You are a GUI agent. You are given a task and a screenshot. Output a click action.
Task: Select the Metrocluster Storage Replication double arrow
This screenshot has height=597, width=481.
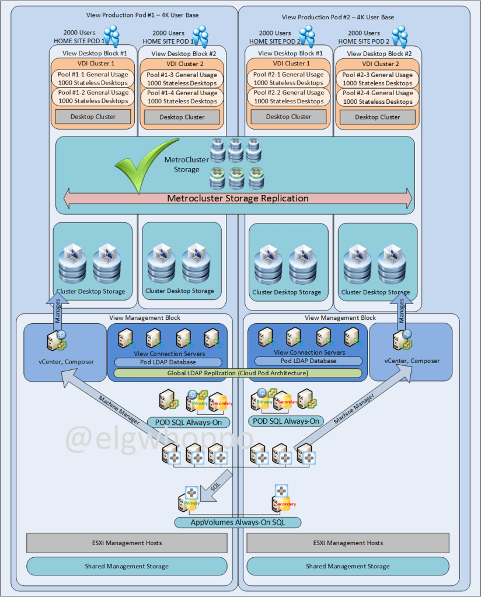(x=238, y=198)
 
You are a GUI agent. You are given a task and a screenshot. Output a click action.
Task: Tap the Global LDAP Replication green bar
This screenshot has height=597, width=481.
(x=238, y=373)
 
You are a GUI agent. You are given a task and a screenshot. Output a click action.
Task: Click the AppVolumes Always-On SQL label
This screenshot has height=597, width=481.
(x=238, y=522)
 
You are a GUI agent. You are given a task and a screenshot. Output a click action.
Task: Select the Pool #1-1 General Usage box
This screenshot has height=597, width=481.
(x=93, y=79)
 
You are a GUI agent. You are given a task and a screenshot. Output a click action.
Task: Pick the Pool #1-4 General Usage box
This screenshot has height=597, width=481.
(x=182, y=97)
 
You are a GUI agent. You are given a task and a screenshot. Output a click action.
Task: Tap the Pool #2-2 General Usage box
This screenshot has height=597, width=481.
(x=288, y=97)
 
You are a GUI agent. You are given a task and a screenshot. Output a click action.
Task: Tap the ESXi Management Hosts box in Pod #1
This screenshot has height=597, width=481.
(x=127, y=543)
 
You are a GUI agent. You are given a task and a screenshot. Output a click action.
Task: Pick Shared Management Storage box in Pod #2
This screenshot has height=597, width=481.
(x=347, y=566)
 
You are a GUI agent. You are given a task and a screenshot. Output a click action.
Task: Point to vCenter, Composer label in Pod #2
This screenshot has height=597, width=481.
(x=411, y=362)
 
